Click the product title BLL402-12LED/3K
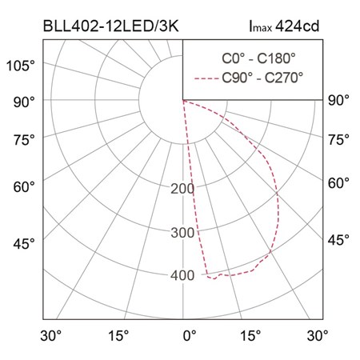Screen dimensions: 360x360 [x=110, y=26]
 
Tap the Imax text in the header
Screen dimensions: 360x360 [x=260, y=26]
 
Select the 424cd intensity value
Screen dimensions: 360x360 [x=297, y=26]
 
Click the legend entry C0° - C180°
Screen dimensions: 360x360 [x=258, y=58]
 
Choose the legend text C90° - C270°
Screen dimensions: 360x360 [x=262, y=78]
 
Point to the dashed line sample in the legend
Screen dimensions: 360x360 [x=206, y=78]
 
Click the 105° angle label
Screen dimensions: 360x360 [x=21, y=66]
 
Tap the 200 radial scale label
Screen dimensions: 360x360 [x=182, y=189]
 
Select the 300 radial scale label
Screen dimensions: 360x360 [x=182, y=233]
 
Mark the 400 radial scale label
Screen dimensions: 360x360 [x=182, y=275]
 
